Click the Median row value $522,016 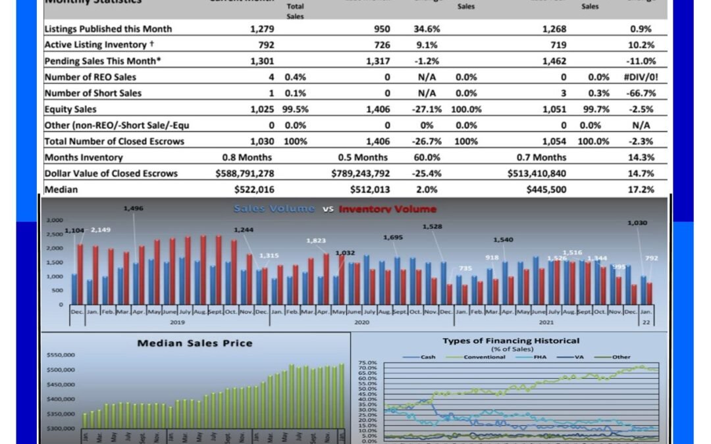click(253, 189)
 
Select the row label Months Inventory click(84, 157)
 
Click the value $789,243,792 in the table click(361, 174)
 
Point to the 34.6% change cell click(427, 29)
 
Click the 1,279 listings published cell click(262, 29)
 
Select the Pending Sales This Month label click(103, 61)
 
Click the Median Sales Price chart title click(194, 343)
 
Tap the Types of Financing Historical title click(511, 341)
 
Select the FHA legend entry click(551, 357)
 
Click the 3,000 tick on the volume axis click(55, 220)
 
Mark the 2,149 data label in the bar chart click(100, 230)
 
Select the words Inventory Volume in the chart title click(388, 209)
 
